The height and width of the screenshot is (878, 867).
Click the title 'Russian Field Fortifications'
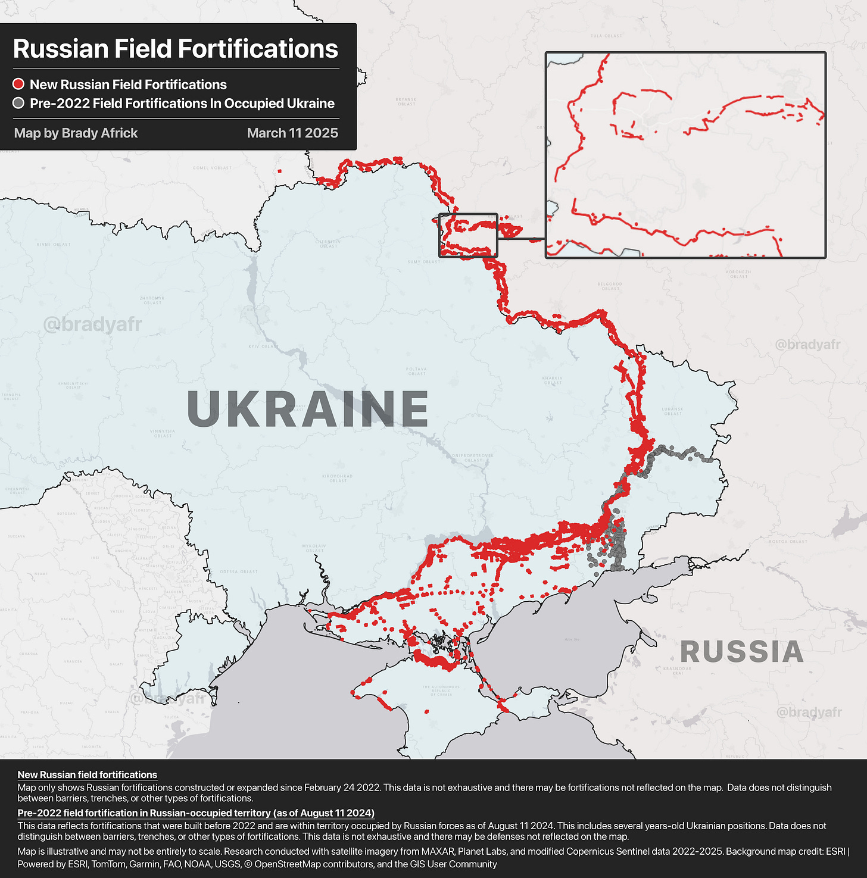tap(176, 49)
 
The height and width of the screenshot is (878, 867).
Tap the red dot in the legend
tap(19, 85)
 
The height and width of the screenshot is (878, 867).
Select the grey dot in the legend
tap(19, 104)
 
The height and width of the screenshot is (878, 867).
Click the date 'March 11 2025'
tap(292, 133)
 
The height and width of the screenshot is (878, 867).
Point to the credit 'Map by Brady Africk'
tap(76, 133)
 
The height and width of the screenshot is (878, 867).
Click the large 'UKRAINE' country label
tap(307, 409)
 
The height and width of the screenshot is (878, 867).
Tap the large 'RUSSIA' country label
tap(741, 652)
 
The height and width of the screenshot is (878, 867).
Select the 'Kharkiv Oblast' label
tap(553, 380)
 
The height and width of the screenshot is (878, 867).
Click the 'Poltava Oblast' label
tap(417, 371)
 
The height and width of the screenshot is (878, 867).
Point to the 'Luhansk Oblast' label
tap(673, 411)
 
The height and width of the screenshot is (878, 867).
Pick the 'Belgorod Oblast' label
tap(610, 286)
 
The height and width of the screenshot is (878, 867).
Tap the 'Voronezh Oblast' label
tap(738, 274)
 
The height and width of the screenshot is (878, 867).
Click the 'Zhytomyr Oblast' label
tap(152, 300)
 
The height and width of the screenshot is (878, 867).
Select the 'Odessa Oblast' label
tap(239, 571)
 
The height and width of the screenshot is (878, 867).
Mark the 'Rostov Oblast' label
tap(787, 541)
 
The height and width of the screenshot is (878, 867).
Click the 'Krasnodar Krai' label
tap(677, 670)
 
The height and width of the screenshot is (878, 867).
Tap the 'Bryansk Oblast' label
tap(406, 102)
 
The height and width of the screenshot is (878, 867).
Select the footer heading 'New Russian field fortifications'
tap(88, 774)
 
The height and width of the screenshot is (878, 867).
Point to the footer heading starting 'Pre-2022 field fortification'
tap(196, 813)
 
